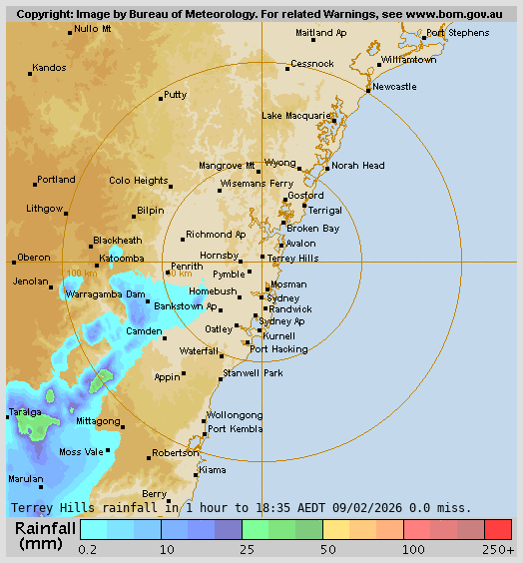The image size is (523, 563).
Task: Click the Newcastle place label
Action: click(395, 87)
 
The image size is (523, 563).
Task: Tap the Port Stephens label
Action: click(457, 33)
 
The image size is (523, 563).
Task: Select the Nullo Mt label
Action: click(93, 29)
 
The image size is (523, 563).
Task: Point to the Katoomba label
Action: click(121, 259)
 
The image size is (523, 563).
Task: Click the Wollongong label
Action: click(235, 414)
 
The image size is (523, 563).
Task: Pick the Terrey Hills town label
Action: click(293, 258)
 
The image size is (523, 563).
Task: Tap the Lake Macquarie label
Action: click(295, 116)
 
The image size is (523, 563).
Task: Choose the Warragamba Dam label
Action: click(105, 295)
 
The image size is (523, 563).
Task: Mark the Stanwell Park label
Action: click(253, 372)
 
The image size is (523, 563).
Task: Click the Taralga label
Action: click(25, 411)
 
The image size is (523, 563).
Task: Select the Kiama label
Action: click(212, 469)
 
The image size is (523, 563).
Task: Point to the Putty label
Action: click(176, 95)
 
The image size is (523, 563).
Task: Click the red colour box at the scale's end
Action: click(498, 529)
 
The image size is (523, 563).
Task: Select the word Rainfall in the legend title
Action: click(45, 528)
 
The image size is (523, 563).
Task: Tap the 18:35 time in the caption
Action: click(271, 507)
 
